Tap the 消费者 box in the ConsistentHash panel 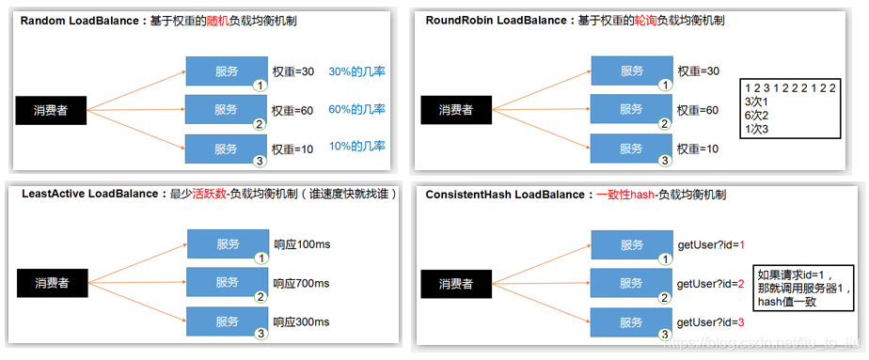coord(456,283)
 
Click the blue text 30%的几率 coord(357,71)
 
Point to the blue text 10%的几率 coord(357,149)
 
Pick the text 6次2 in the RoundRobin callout coord(756,115)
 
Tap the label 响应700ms coord(302,283)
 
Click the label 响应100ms coord(302,245)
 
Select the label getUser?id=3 coord(711,322)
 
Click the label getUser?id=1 coord(711,245)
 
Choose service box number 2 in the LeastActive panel coord(226,282)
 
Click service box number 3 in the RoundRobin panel coord(631,149)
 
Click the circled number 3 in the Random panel coord(259,159)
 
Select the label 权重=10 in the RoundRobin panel coord(698,149)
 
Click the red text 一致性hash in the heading coord(623,194)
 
